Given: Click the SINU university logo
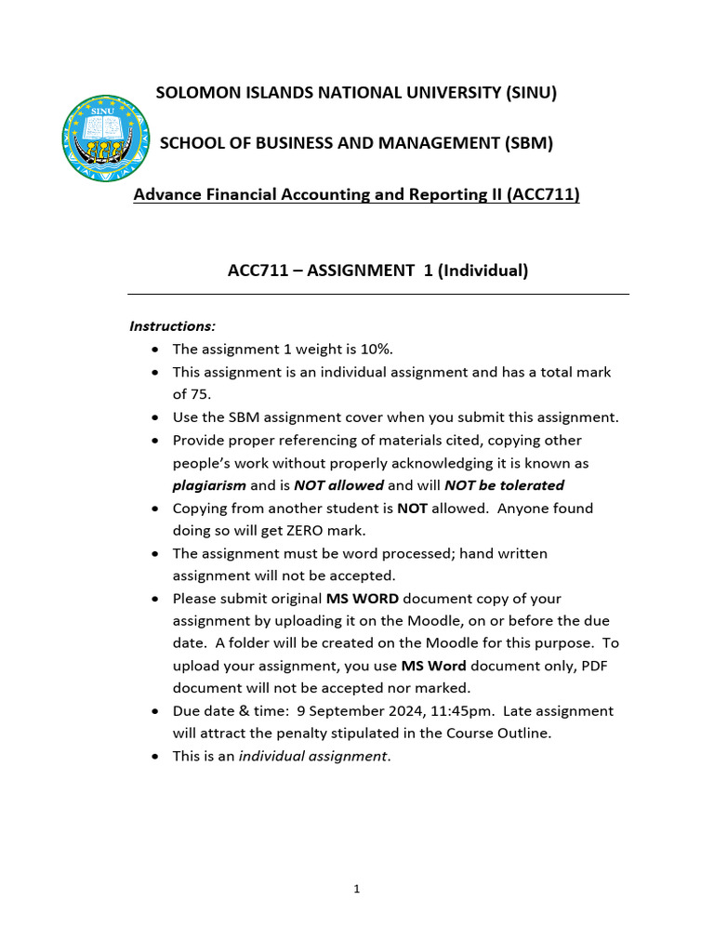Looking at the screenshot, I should tap(105, 138).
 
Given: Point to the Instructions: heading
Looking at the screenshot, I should tap(172, 326).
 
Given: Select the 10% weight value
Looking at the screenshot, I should tap(375, 350).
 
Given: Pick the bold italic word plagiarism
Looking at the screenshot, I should tap(209, 485).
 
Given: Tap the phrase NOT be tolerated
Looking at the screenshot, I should tap(504, 485).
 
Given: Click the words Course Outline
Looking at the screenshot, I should tap(506, 734).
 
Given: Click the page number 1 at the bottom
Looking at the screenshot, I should tap(357, 890).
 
